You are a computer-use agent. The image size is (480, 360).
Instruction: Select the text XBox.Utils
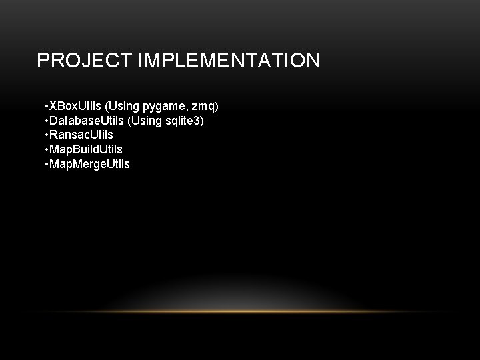(x=74, y=107)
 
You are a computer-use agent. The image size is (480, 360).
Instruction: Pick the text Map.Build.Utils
(x=86, y=149)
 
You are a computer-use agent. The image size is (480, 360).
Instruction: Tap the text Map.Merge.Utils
(x=90, y=163)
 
